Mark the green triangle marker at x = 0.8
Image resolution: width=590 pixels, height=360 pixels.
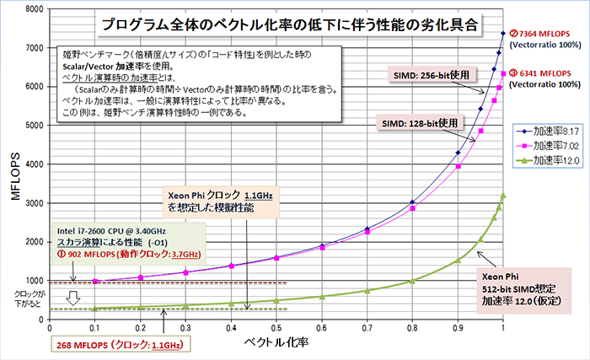point(412,281)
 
